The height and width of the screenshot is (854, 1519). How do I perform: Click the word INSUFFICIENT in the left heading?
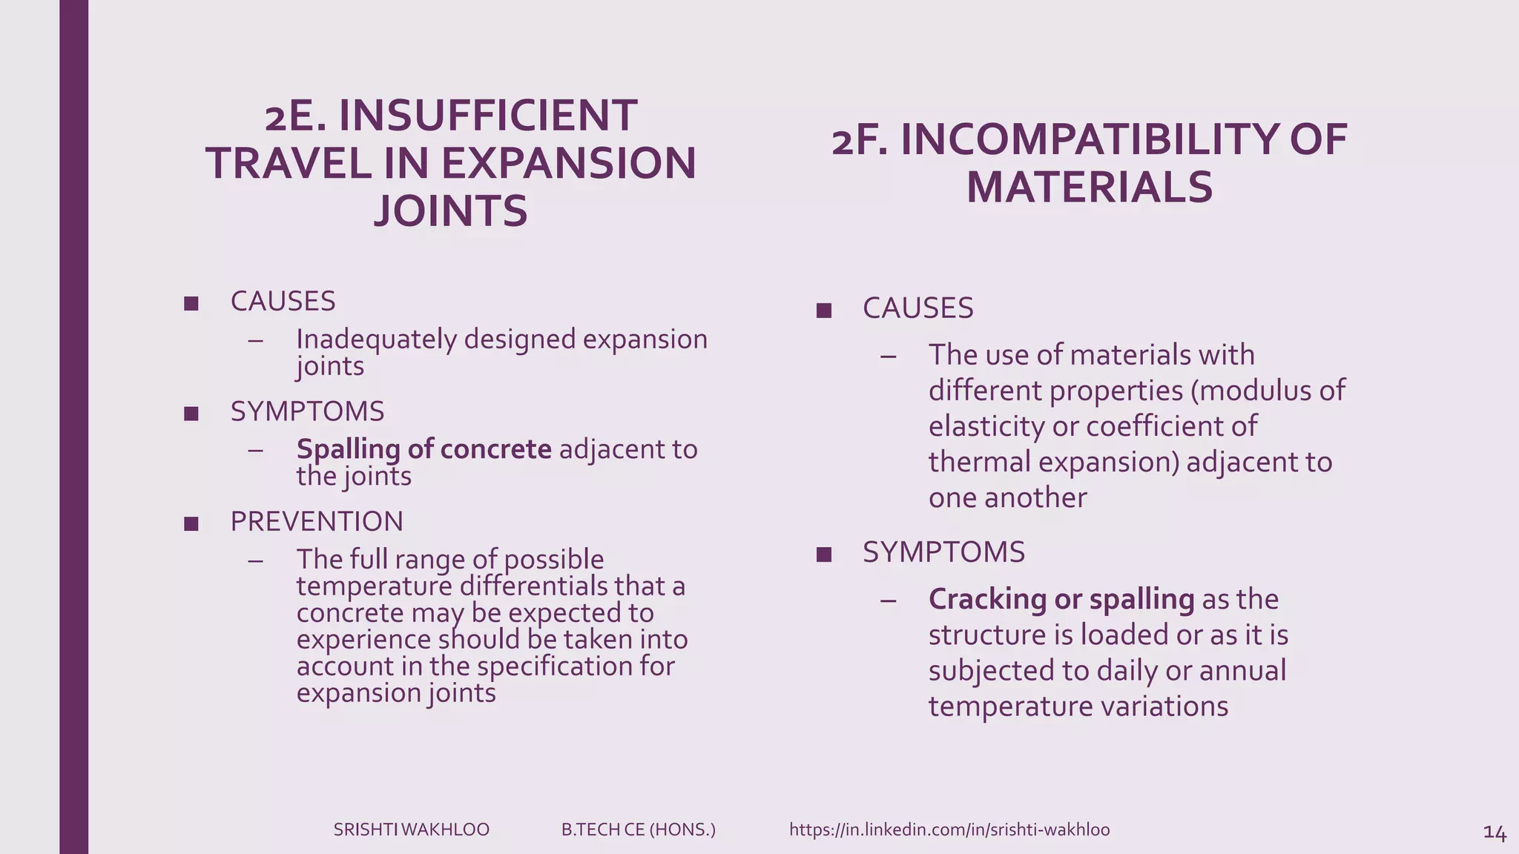tap(487, 116)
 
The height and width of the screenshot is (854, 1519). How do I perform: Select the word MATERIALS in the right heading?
tap(1090, 187)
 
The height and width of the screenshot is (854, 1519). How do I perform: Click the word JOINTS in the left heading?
tap(451, 211)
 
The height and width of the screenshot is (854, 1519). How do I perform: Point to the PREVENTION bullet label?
tap(317, 522)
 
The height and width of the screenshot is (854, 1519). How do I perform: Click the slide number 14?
tap(1494, 833)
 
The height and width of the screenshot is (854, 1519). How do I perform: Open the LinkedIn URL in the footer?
tap(949, 830)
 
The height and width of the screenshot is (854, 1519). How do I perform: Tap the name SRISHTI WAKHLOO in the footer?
tap(412, 830)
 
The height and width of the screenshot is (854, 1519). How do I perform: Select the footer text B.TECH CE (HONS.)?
tap(639, 830)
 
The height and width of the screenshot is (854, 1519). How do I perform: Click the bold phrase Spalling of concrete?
tap(424, 449)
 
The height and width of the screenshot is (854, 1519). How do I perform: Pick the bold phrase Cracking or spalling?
tap(1061, 599)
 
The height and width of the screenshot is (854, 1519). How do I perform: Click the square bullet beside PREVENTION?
tap(191, 524)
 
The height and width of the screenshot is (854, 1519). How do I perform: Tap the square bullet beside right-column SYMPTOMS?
tap(823, 555)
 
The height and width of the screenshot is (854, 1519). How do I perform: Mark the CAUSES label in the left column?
tap(283, 302)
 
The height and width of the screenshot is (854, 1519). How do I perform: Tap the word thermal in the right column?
tap(979, 462)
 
